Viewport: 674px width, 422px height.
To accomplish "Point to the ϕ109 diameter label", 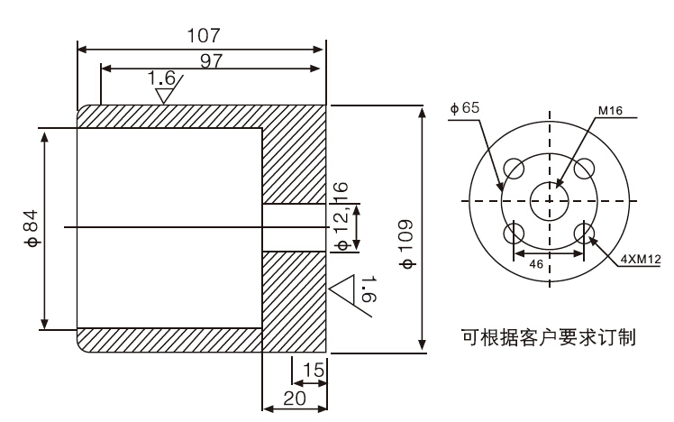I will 406,245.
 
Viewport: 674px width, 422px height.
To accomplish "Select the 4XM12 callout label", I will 640,259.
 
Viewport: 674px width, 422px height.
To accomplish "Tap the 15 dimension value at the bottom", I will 312,369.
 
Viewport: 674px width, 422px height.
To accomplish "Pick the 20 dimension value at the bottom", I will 292,398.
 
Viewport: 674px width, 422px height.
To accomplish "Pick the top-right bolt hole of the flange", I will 585,169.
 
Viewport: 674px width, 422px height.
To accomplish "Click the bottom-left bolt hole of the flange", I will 514,234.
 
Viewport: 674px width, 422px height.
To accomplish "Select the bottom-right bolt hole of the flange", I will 585,234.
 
